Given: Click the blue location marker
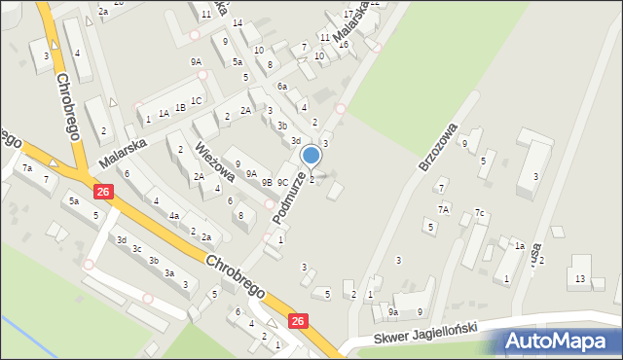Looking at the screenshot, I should [x=311, y=155].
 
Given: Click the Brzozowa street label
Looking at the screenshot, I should [x=437, y=147].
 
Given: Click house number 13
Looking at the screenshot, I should [x=580, y=279].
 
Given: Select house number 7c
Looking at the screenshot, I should [x=479, y=213].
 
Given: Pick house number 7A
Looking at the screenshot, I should [x=443, y=208].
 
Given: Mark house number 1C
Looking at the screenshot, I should [x=197, y=100].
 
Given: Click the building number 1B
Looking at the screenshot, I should [x=180, y=107].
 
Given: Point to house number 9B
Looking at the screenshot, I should [x=267, y=182].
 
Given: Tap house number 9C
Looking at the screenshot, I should [x=282, y=182].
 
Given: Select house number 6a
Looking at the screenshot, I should [x=282, y=87].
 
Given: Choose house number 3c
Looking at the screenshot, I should [x=137, y=249].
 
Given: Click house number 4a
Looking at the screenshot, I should [x=173, y=216].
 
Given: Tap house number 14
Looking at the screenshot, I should [x=238, y=22].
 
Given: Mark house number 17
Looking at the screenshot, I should [x=348, y=15].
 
